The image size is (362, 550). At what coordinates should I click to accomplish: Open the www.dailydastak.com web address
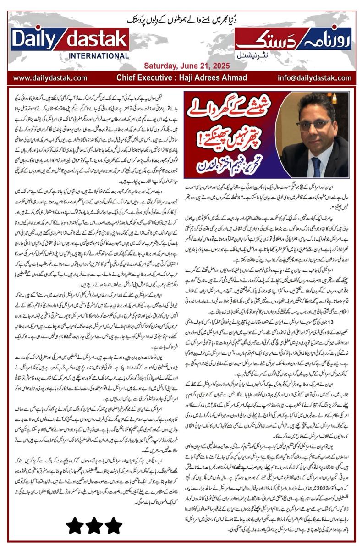[50, 78]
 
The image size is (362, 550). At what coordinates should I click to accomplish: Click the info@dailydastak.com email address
[312, 78]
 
